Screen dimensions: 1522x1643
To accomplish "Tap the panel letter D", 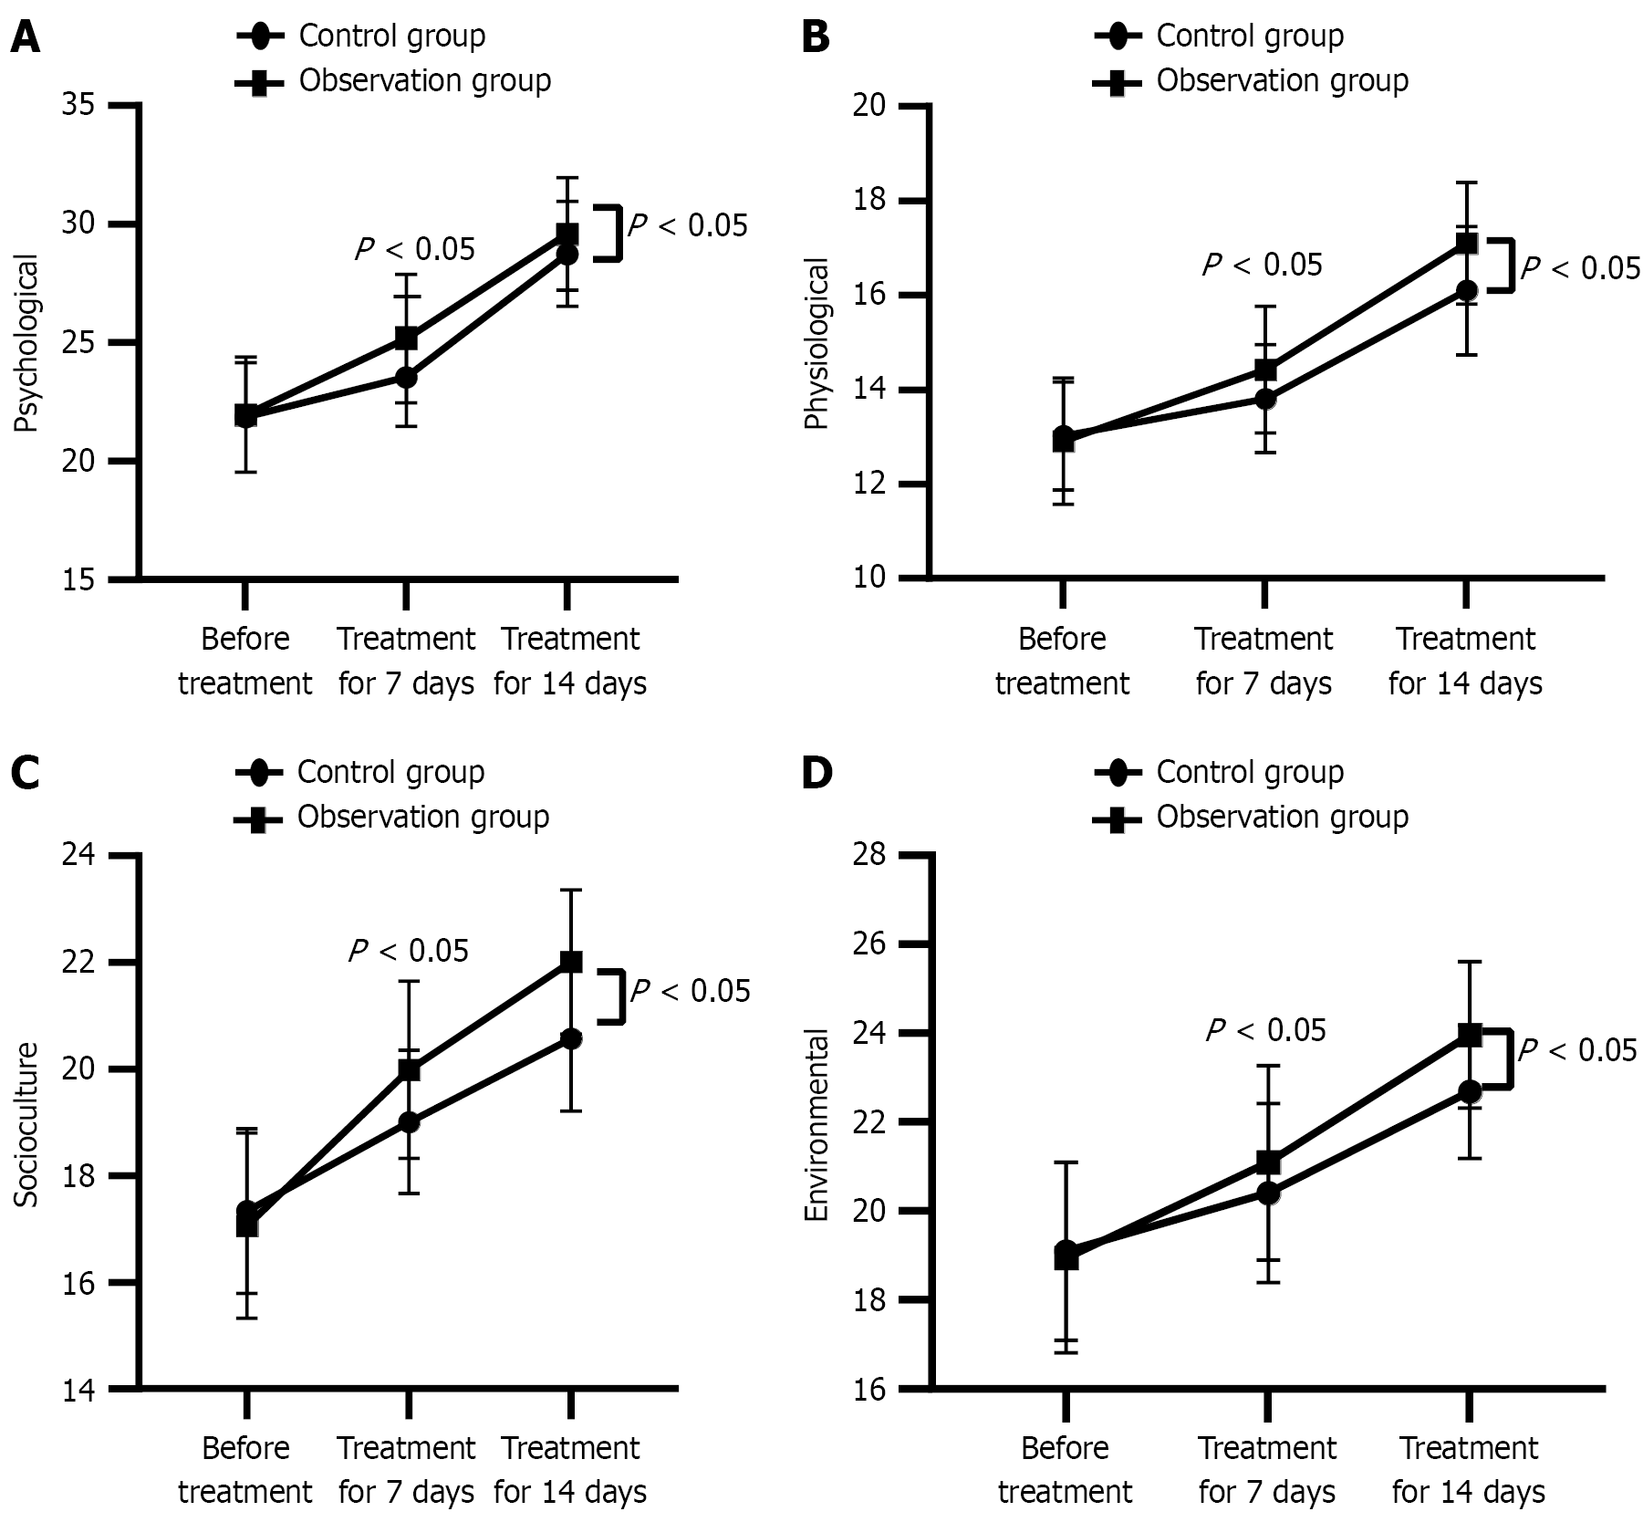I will pos(816,774).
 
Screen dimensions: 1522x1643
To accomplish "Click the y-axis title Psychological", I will pos(27,343).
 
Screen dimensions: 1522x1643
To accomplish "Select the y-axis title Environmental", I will pos(817,1124).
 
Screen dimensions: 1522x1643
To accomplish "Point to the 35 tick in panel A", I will pos(78,106).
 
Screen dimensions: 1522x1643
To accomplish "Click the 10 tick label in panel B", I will pos(869,579).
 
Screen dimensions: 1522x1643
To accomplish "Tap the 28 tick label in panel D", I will pos(869,856).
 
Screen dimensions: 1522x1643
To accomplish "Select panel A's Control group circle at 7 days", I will pos(406,377).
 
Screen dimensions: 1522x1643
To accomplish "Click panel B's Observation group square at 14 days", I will pos(1466,243).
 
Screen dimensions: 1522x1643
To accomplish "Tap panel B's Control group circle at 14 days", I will pos(1466,291).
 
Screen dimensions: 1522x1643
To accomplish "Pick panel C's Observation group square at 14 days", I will pos(570,962).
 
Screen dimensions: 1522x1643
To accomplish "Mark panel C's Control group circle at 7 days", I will pos(408,1122).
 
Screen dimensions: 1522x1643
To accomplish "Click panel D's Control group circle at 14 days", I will pos(1469,1090).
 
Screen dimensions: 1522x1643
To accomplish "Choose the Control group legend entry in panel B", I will pos(1249,36).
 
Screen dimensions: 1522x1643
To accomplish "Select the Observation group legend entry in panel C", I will pos(422,817).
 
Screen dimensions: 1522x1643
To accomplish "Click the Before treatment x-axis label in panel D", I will pos(1065,1470).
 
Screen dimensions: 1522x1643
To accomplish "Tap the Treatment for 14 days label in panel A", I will pos(570,661).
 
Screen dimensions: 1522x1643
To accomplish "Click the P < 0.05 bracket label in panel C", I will pos(690,991).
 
